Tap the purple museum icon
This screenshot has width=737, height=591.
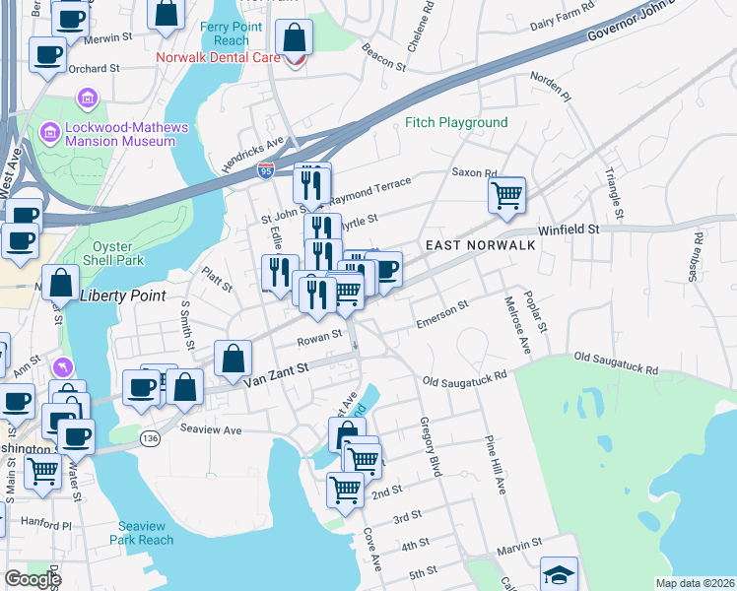coord(86,98)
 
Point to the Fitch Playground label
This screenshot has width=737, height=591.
coord(456,123)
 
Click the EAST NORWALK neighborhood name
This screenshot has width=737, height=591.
coord(480,244)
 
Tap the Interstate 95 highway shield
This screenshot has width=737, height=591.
coord(266,171)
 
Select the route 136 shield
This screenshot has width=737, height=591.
coord(150,437)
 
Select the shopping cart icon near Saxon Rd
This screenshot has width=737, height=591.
coord(506,195)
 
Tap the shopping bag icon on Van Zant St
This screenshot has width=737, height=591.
coord(232,361)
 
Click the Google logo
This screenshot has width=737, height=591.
coord(32,579)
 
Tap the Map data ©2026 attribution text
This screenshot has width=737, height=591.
coord(694,583)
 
